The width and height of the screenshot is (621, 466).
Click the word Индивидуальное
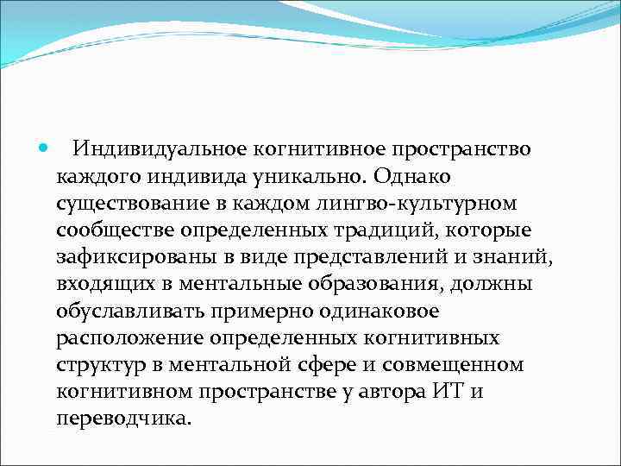pos(141,149)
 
